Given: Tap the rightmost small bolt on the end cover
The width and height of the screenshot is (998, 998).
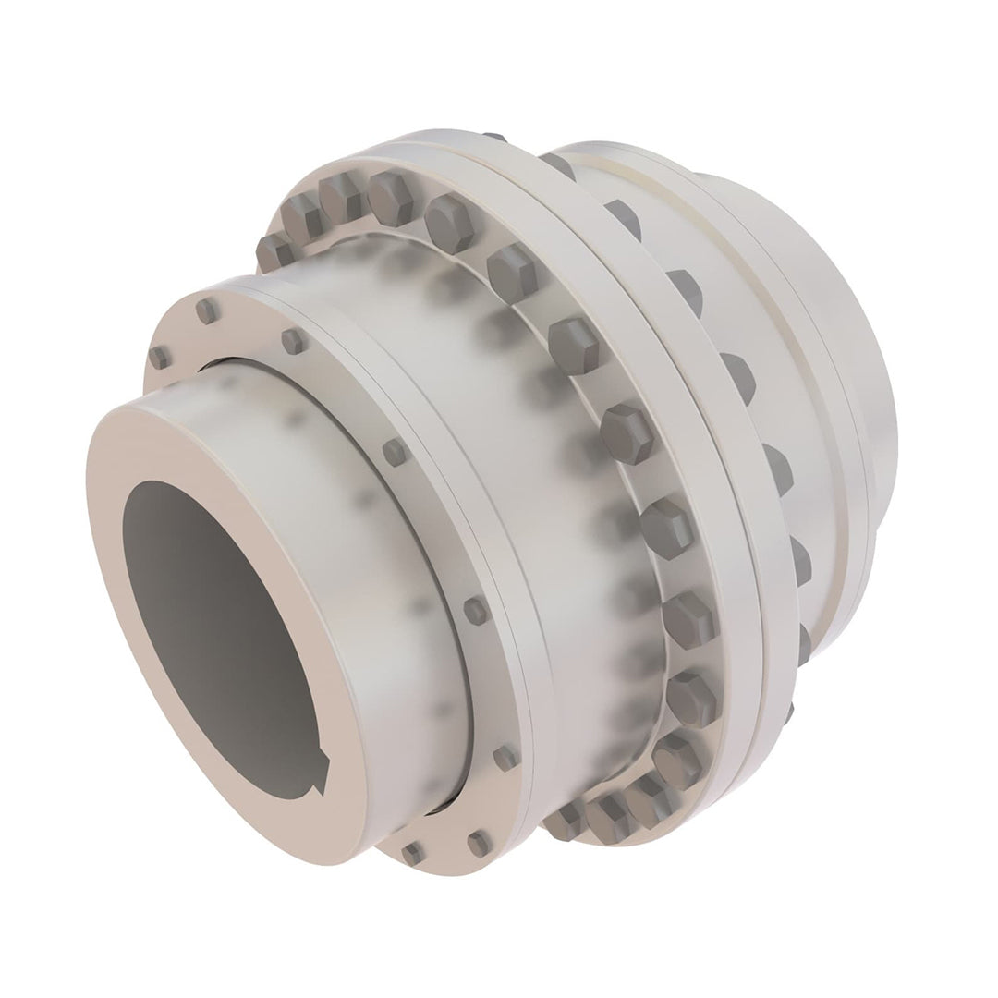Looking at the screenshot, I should [x=504, y=757].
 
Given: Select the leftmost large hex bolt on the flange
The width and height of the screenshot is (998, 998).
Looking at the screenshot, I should [x=272, y=250].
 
